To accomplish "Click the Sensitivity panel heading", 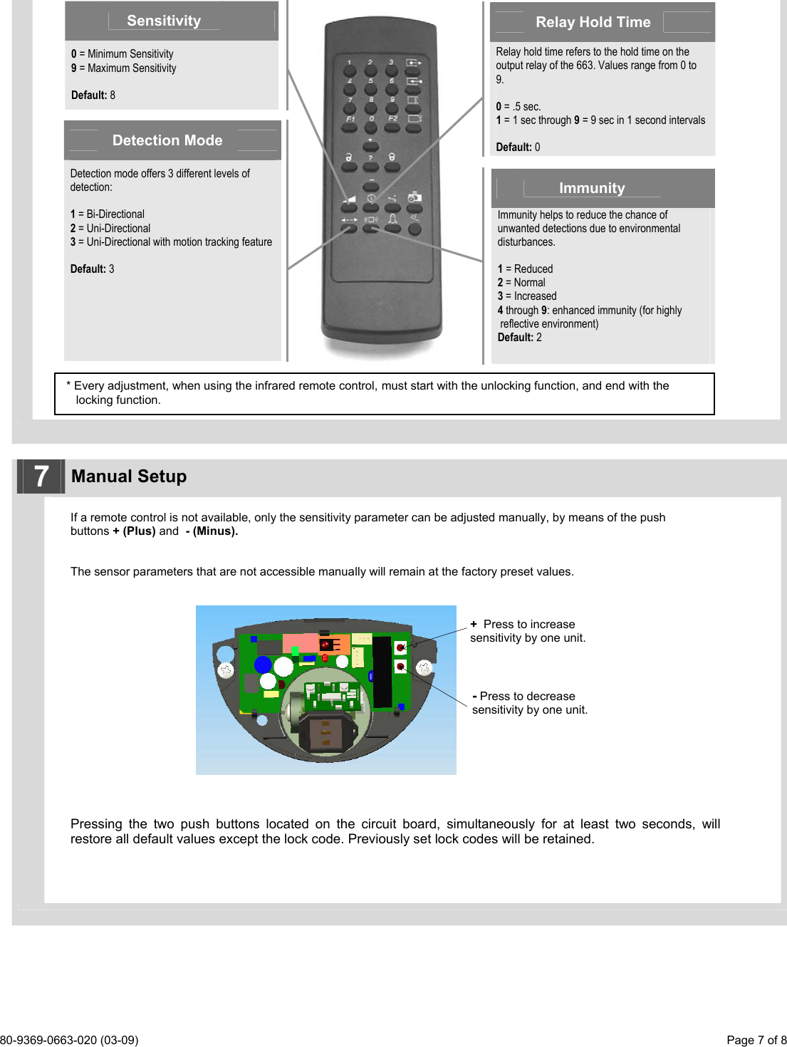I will click(164, 21).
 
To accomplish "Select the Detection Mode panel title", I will click(167, 140).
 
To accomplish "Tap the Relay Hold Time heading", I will click(593, 22).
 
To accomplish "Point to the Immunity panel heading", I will click(591, 188).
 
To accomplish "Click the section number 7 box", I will click(41, 476).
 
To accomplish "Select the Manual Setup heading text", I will click(129, 476).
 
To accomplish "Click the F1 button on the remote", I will click(350, 128).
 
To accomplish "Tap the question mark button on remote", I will click(370, 167).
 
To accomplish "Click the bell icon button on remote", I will click(392, 227).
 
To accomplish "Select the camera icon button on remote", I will click(415, 207).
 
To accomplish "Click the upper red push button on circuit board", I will click(401, 647).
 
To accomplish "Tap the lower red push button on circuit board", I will click(401, 667).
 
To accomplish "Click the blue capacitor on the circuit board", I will click(264, 665).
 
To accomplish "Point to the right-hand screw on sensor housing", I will click(424, 667).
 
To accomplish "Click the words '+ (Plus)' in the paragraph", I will click(134, 531).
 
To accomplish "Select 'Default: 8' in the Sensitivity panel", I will click(93, 95).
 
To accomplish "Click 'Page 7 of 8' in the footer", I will click(756, 1040).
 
